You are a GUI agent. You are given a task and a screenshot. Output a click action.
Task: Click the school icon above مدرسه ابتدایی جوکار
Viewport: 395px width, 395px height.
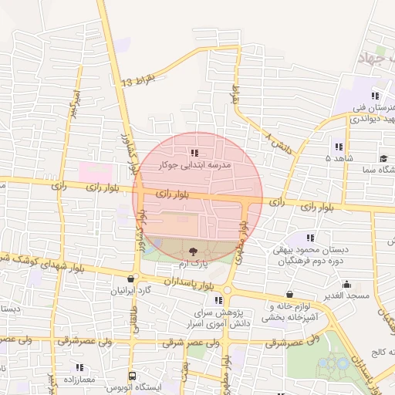click(194, 153)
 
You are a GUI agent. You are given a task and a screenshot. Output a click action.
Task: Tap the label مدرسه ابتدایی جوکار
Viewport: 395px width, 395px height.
click(194, 165)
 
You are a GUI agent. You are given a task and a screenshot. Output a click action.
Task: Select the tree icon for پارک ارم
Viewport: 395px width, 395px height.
click(193, 252)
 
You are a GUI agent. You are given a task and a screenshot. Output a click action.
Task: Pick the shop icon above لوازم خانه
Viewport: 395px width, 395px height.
click(289, 294)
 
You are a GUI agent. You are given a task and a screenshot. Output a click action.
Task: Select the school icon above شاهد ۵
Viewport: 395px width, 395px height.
click(339, 146)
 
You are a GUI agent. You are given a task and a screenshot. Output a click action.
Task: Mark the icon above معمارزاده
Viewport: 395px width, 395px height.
click(79, 367)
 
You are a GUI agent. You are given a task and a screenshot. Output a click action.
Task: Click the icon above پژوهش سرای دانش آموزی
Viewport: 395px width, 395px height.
click(218, 300)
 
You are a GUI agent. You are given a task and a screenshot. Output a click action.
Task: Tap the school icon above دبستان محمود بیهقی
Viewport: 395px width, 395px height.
click(311, 238)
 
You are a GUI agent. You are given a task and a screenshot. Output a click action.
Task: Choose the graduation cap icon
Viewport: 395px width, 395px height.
click(383, 158)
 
